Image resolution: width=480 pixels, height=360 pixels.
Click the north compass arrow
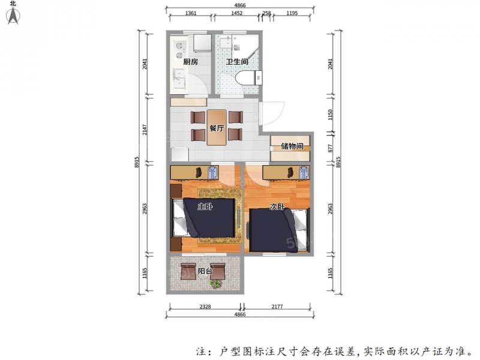[13, 16]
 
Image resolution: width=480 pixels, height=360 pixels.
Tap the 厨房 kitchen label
[190, 62]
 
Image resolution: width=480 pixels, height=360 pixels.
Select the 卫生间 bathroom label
[237, 62]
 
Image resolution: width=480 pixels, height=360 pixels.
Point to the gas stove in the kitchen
[179, 50]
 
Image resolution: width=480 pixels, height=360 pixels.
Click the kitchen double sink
[179, 79]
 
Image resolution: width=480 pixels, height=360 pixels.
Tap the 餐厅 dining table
[217, 127]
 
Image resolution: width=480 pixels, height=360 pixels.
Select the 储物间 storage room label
[292, 146]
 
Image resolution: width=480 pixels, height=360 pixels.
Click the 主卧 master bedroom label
[205, 206]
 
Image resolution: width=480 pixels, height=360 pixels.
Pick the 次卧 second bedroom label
[277, 206]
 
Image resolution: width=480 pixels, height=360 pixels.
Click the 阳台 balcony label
[205, 271]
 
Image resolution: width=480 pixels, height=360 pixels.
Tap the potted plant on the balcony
[216, 284]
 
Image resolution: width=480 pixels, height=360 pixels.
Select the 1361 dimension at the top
[191, 13]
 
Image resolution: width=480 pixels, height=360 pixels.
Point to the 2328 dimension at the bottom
[205, 307]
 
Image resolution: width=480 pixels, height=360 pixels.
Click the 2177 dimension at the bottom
[277, 307]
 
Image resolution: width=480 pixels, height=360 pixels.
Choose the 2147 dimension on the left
[145, 130]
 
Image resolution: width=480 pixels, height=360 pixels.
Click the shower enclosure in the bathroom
[245, 46]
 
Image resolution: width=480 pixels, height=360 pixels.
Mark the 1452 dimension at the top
[236, 13]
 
